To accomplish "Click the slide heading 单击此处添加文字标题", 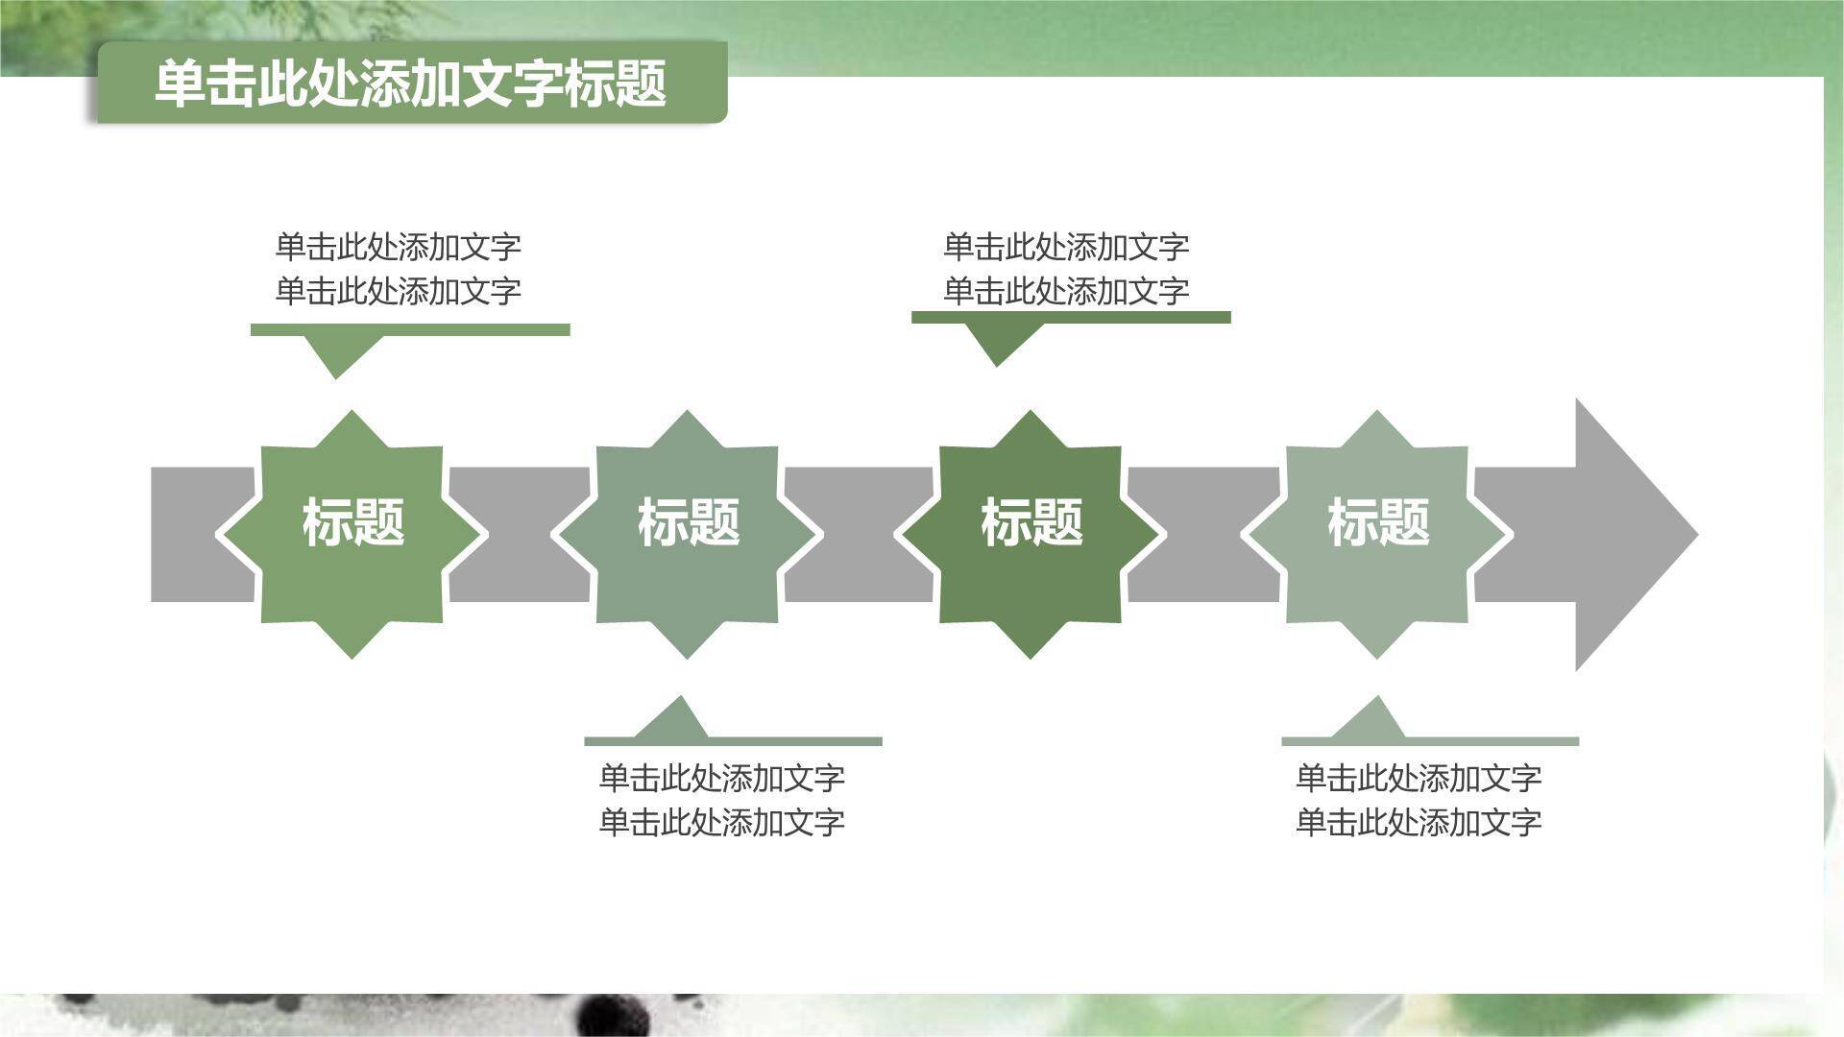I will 411,84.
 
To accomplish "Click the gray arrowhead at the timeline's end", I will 1623,534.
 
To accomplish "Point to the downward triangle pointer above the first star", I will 336,353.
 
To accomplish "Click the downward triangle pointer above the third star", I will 997,342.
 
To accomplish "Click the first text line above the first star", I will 398,247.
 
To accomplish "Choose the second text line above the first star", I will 398,290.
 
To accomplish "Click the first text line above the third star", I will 1066,247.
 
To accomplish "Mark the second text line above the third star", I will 1066,290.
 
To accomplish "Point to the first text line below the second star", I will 721,778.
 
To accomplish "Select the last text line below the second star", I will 721,822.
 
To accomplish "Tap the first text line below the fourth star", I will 1419,778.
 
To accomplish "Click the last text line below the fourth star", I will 1419,822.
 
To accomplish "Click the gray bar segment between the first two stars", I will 519,534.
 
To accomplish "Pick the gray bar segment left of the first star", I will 187,534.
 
